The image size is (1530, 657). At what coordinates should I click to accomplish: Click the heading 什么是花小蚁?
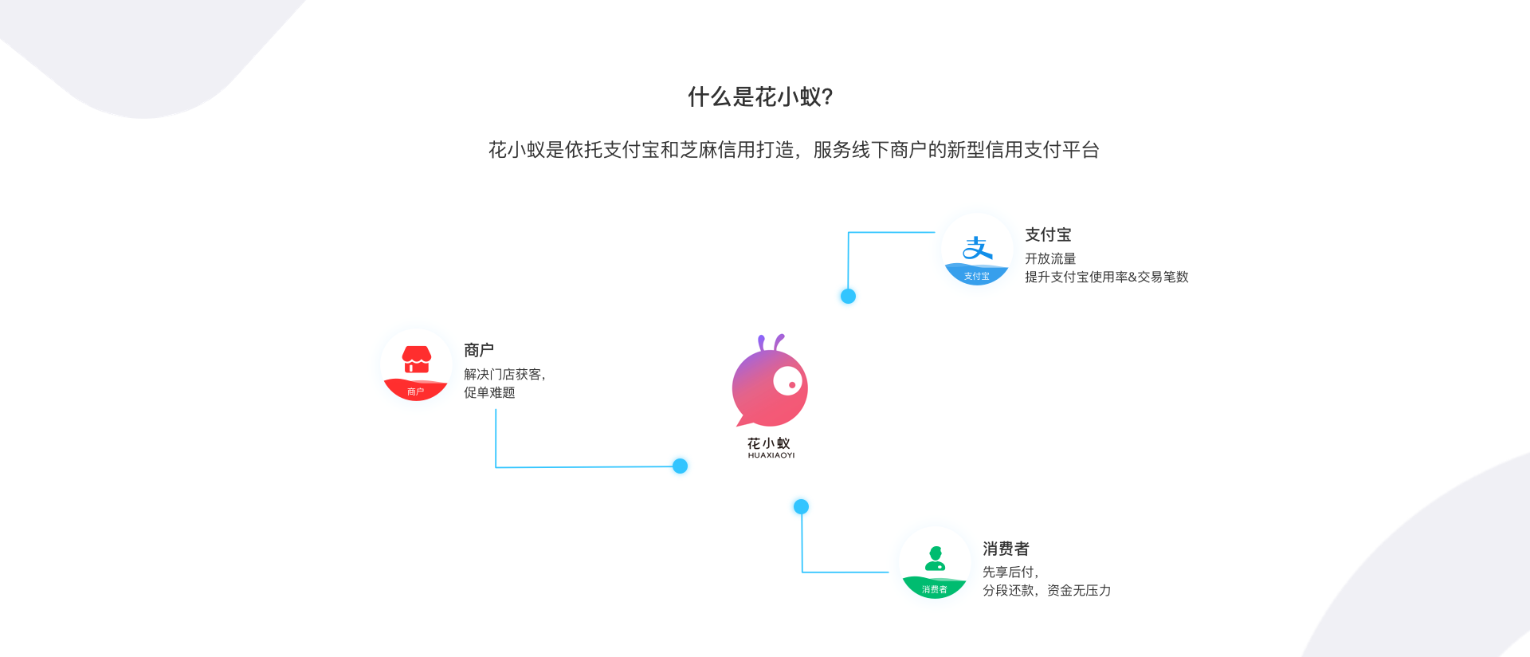(x=760, y=97)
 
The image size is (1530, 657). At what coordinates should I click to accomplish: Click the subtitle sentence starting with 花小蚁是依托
(x=794, y=150)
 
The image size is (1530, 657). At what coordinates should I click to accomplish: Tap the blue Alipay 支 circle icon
(x=977, y=250)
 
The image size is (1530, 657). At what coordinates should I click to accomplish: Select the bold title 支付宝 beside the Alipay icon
(x=1048, y=234)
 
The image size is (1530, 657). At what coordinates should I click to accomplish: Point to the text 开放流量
(x=1050, y=258)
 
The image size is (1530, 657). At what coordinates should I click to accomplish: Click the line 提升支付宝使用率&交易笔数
(x=1106, y=277)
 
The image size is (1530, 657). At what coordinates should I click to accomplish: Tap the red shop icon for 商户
(x=416, y=365)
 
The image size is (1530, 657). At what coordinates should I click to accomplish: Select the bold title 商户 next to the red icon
(x=479, y=350)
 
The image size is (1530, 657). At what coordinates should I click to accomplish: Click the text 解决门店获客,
(x=504, y=374)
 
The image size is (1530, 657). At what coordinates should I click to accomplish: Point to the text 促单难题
(x=489, y=392)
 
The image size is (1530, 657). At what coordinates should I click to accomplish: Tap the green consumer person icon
(x=935, y=563)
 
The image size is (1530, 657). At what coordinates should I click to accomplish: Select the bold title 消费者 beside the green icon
(x=1006, y=549)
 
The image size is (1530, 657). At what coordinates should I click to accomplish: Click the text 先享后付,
(x=1010, y=572)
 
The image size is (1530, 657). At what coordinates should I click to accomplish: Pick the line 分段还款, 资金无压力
(x=1046, y=590)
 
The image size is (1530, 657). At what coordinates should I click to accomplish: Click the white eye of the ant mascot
(x=788, y=381)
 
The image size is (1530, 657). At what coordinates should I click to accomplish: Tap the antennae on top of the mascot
(x=771, y=343)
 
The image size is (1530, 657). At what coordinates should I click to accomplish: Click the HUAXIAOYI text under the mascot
(x=771, y=455)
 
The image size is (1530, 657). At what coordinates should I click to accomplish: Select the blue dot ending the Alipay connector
(x=848, y=296)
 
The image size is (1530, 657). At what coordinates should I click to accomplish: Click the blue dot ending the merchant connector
(x=680, y=466)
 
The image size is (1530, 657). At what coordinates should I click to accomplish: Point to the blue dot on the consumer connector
(x=801, y=506)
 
